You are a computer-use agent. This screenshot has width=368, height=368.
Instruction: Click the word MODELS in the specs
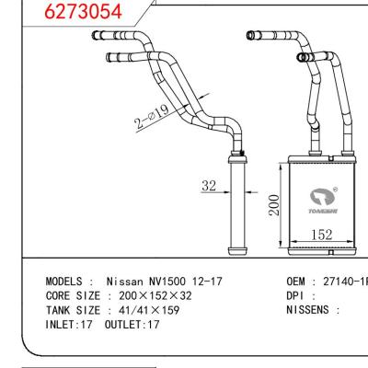pyautogui.click(x=68, y=280)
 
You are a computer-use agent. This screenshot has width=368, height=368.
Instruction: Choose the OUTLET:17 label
pyautogui.click(x=133, y=324)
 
